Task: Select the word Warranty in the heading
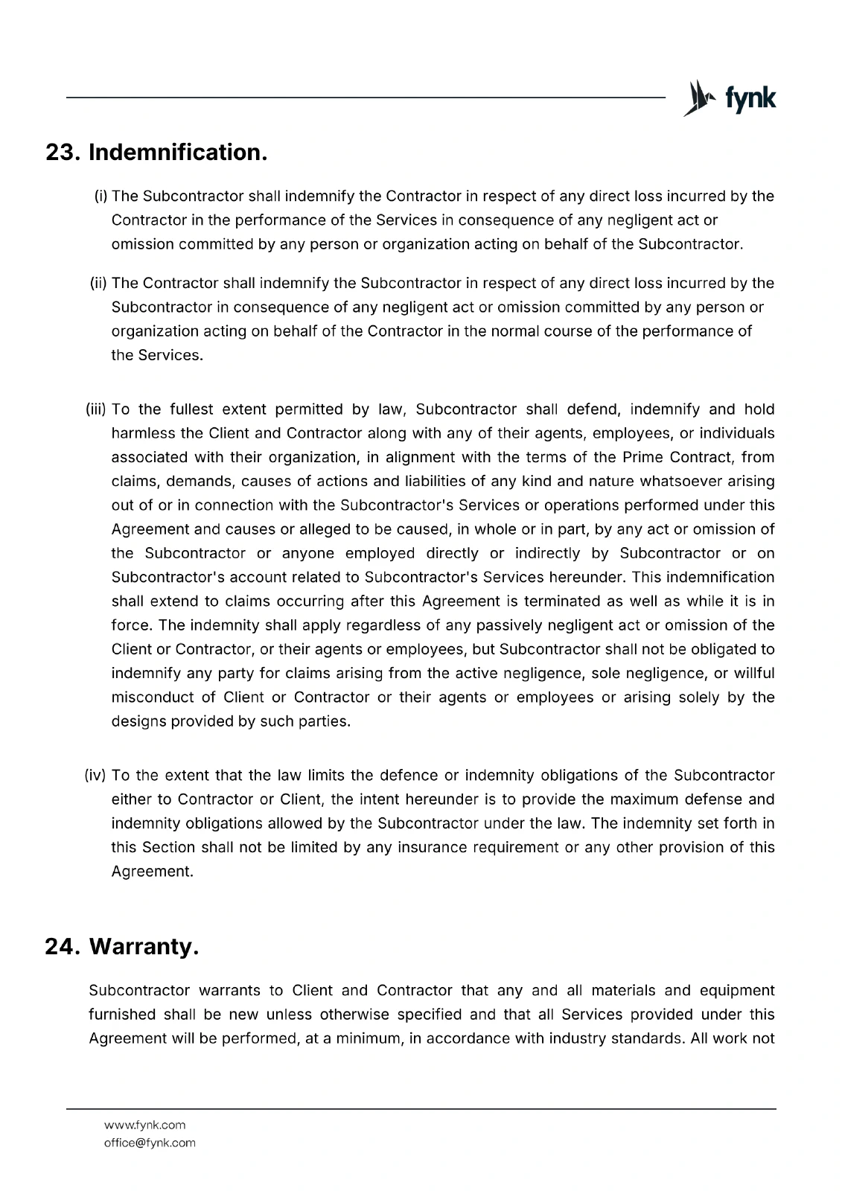point(143,947)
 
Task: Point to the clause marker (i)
point(101,197)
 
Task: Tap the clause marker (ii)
point(99,284)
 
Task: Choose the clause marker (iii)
point(98,409)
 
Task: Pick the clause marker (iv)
point(96,776)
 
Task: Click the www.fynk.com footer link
point(144,1125)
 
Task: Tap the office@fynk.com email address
point(150,1143)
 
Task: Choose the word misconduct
point(153,697)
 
